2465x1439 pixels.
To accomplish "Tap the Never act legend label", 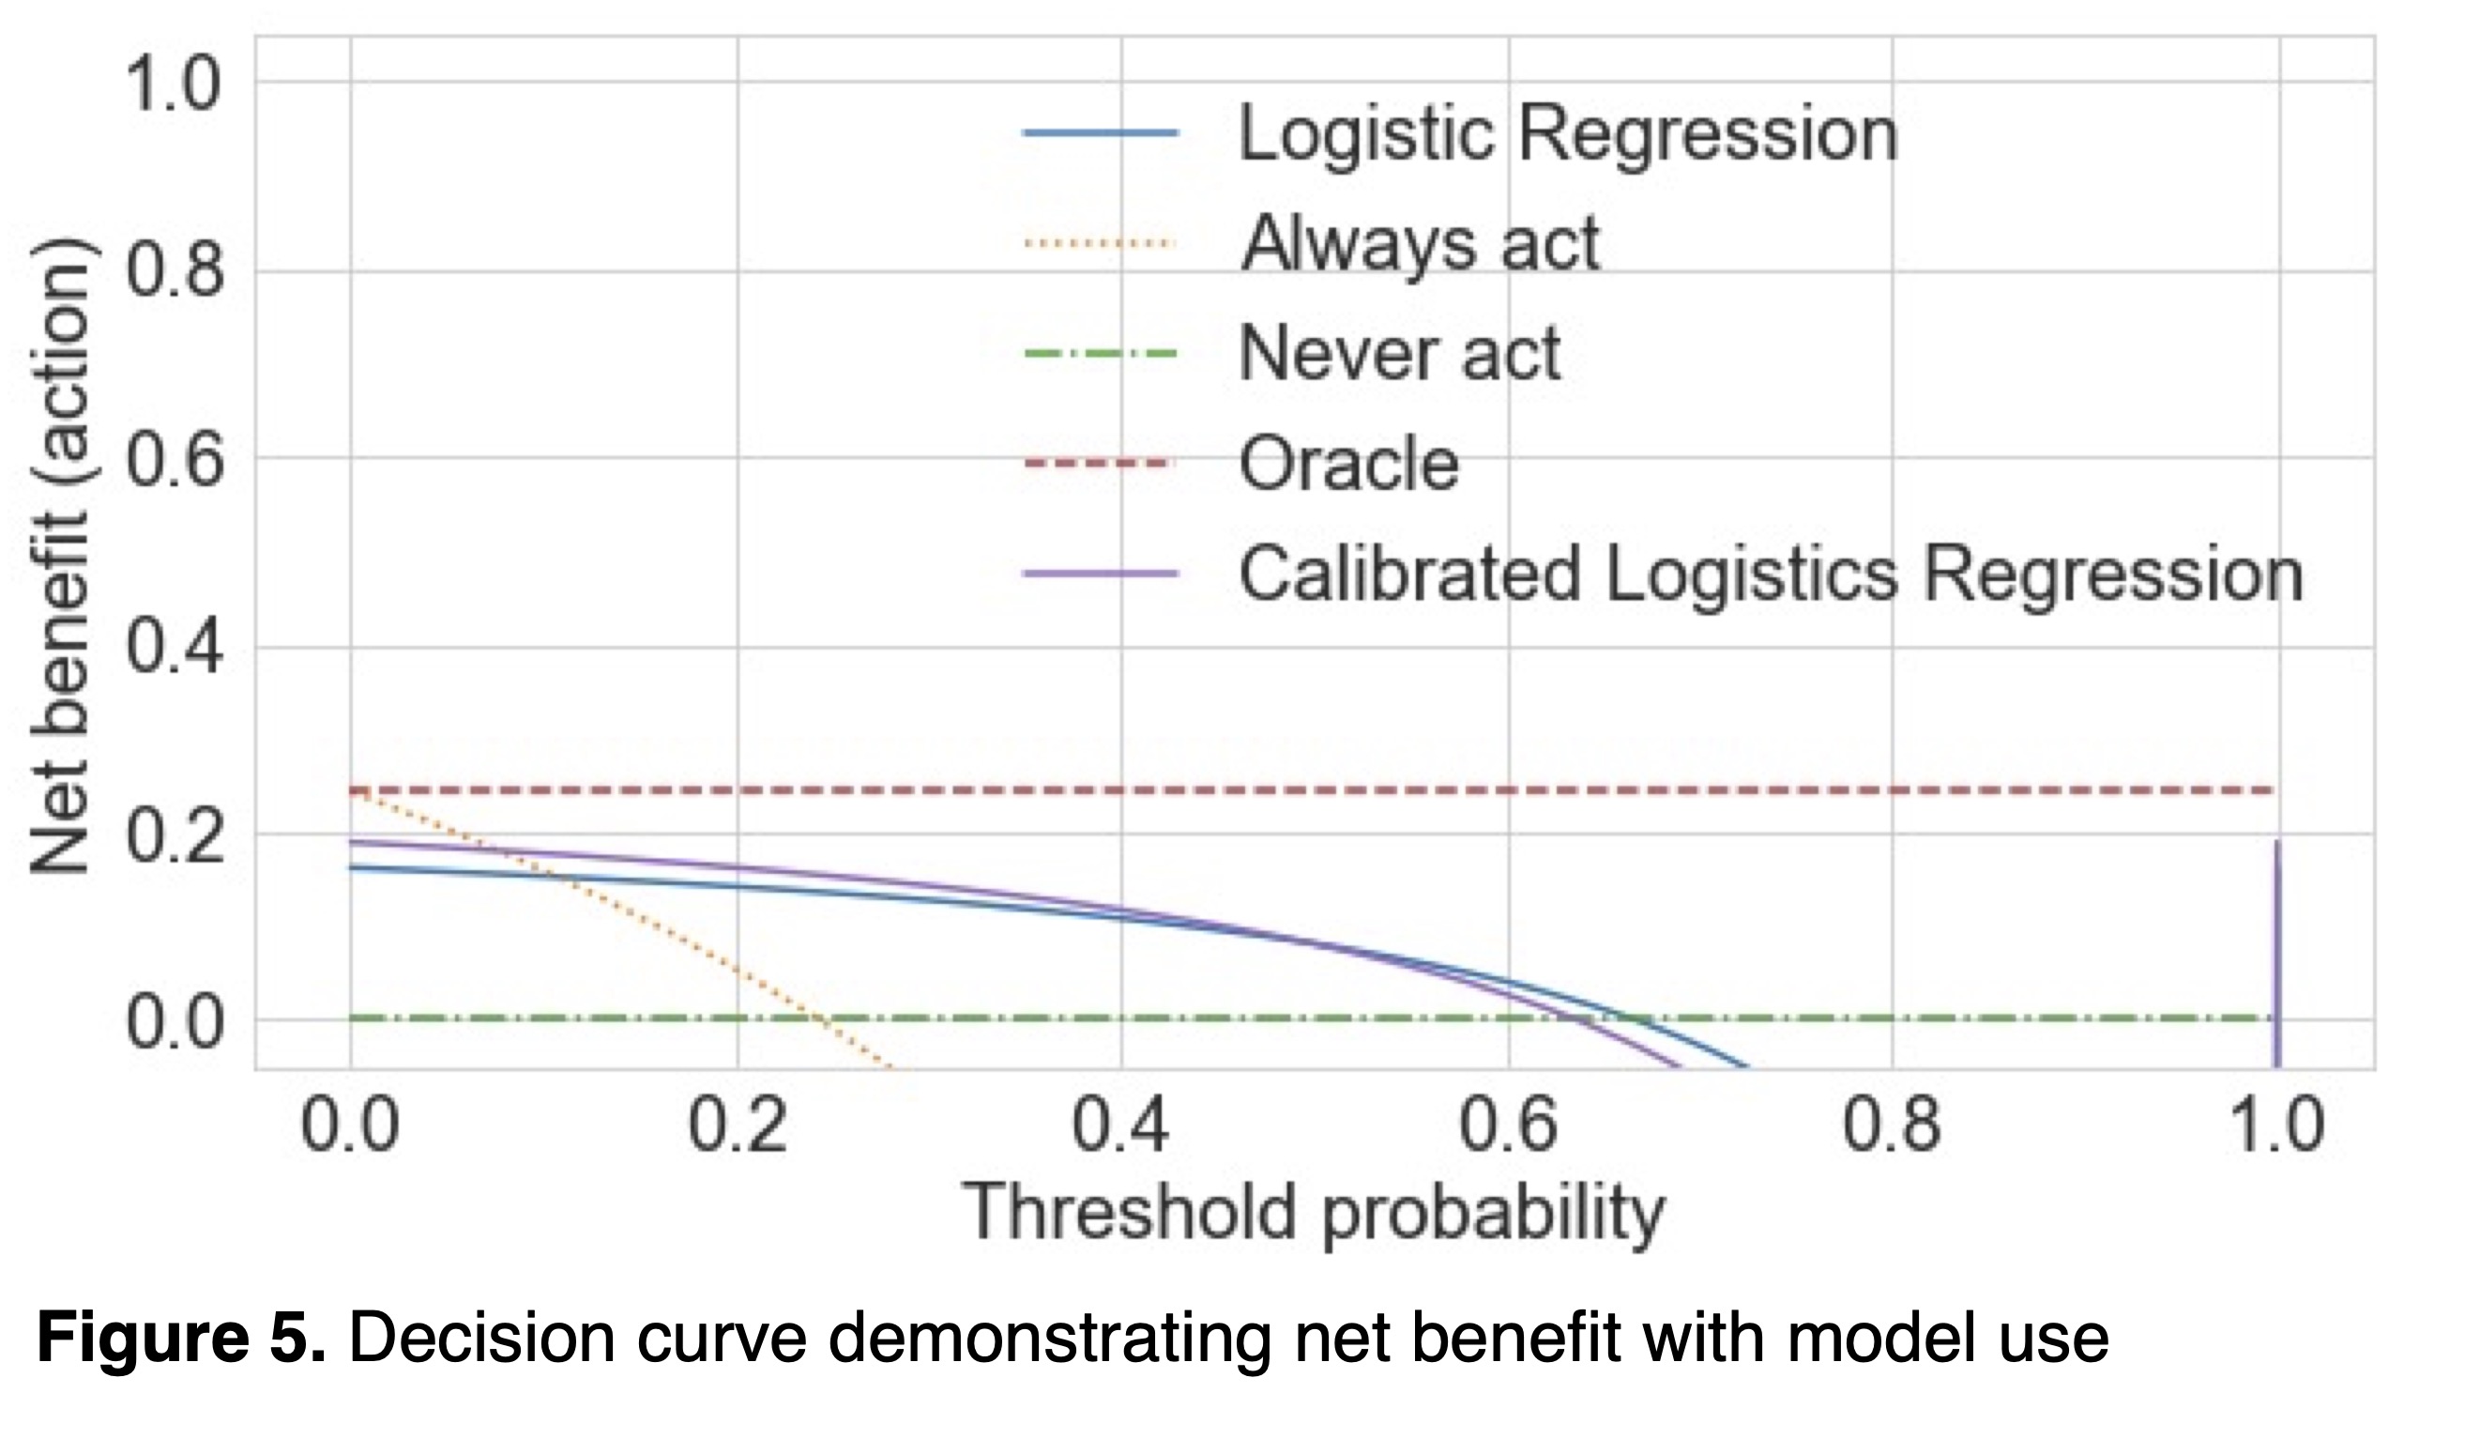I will [1399, 353].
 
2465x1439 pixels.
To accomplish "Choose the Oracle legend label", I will [1348, 463].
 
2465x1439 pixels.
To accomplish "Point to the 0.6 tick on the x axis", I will [1507, 1126].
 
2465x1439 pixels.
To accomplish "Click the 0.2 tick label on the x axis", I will [737, 1126].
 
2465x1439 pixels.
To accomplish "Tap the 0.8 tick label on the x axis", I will [1892, 1126].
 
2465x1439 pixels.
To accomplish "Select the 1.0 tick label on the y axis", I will [172, 83].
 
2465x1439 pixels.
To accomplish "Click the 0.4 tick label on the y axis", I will [172, 648].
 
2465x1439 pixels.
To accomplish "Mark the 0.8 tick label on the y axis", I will [172, 271].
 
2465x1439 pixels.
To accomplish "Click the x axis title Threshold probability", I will [1313, 1214].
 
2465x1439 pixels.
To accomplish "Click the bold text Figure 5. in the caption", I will [181, 1338].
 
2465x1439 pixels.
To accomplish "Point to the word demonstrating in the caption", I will [1051, 1338].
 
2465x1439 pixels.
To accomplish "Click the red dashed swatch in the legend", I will [1100, 463].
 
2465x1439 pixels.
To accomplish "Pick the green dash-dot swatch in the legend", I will [1100, 353].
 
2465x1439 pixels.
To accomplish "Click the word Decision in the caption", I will [479, 1338].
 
